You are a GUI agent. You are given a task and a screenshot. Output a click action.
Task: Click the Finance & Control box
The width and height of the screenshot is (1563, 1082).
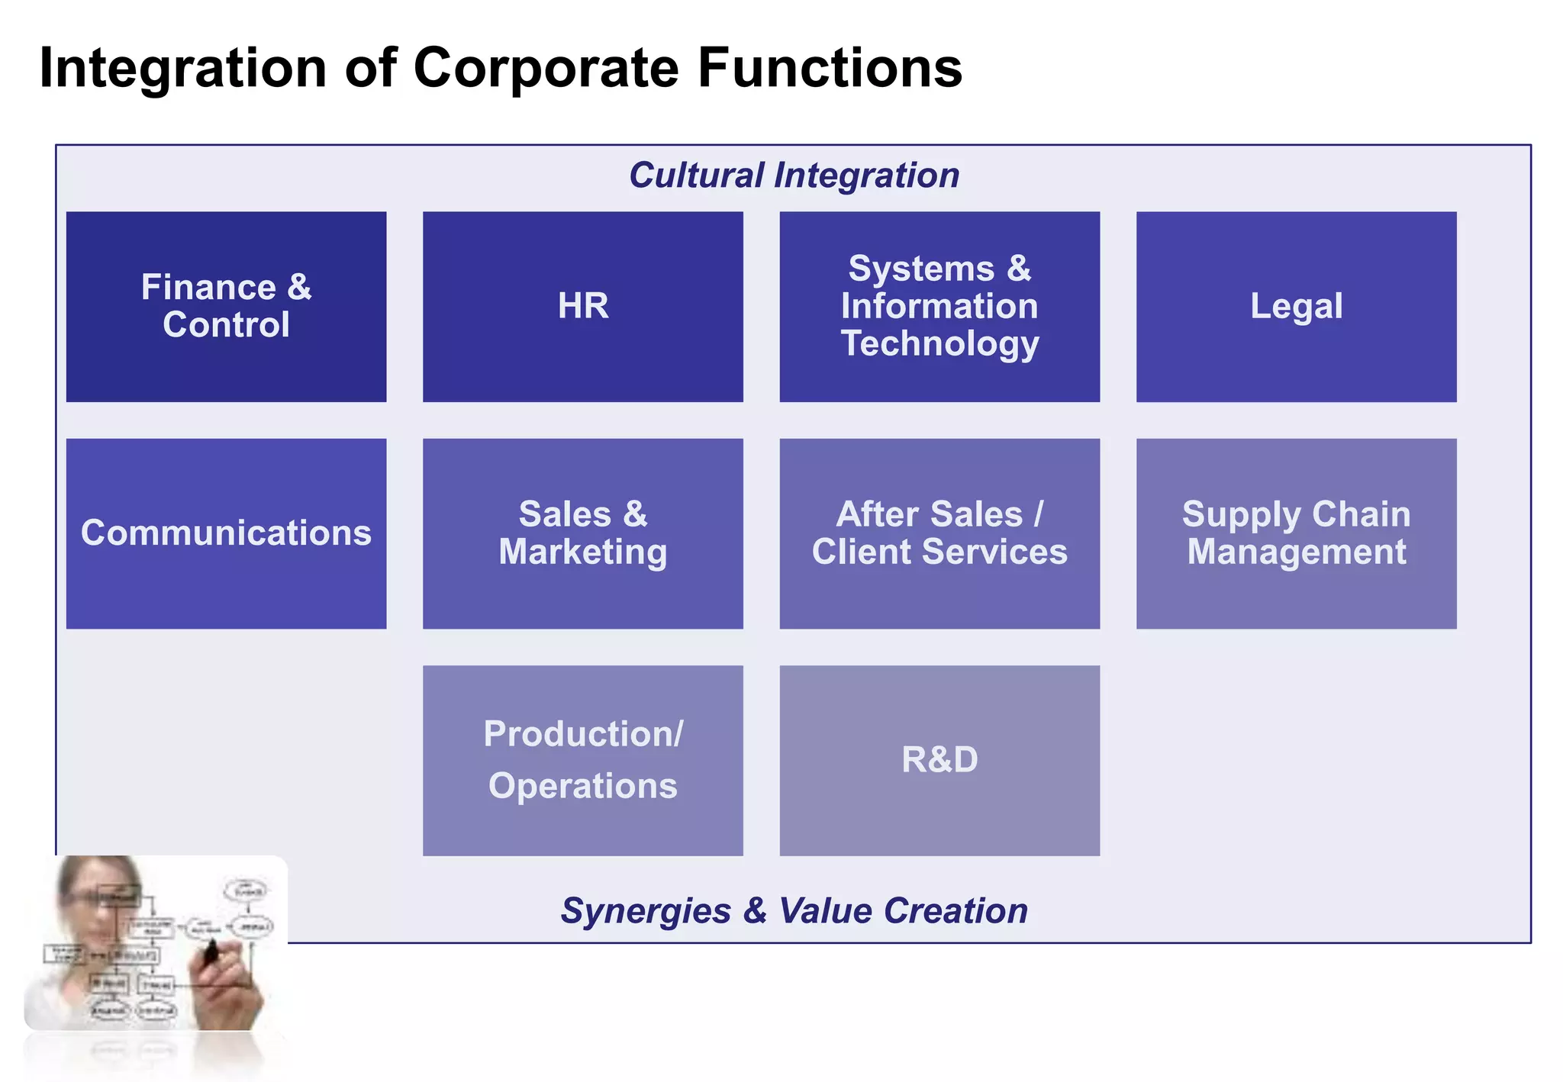pyautogui.click(x=226, y=306)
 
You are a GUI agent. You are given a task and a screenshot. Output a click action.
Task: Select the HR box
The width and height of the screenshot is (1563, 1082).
pyautogui.click(x=582, y=306)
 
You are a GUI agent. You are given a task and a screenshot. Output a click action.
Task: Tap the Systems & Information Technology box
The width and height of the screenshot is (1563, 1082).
pyautogui.click(x=939, y=306)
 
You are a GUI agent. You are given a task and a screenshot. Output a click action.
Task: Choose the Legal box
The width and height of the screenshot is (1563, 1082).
pyautogui.click(x=1296, y=306)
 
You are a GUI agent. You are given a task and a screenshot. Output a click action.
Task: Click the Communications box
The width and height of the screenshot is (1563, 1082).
pyautogui.click(x=226, y=533)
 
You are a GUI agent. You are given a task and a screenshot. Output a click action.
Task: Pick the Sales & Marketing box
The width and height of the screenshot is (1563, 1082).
pyautogui.click(x=582, y=533)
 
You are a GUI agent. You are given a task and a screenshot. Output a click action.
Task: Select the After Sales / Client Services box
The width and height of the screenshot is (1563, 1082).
pyautogui.click(x=939, y=533)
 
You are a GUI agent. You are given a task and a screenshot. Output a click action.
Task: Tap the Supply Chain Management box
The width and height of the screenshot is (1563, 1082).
pyautogui.click(x=1296, y=533)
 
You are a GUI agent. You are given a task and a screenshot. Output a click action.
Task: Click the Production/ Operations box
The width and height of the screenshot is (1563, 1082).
pyautogui.click(x=582, y=760)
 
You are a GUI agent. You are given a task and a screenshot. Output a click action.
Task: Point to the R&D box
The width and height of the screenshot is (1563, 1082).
pyautogui.click(x=939, y=760)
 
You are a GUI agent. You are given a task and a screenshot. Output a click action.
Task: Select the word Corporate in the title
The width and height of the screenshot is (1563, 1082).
pyautogui.click(x=546, y=69)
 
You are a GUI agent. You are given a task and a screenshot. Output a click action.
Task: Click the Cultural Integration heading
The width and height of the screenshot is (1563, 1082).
pyautogui.click(x=794, y=176)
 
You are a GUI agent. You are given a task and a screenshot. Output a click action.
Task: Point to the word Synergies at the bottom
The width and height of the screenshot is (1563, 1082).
pyautogui.click(x=646, y=911)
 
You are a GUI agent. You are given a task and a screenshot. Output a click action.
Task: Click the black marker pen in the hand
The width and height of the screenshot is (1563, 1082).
pyautogui.click(x=211, y=951)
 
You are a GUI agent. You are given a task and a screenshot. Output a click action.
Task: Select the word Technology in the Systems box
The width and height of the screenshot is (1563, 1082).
pyautogui.click(x=939, y=343)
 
